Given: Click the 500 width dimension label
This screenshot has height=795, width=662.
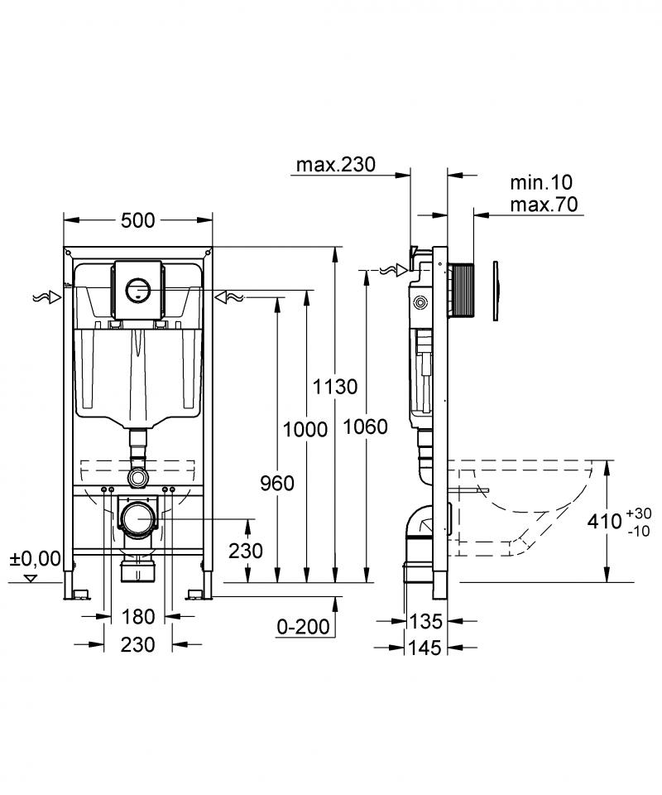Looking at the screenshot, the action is tap(137, 220).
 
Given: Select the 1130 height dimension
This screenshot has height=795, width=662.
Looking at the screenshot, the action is tap(335, 387).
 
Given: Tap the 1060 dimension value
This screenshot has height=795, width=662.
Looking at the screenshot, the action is tap(365, 427).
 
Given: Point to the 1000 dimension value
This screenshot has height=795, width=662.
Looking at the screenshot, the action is tap(305, 430).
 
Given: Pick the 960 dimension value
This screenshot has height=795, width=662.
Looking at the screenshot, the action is tap(277, 484).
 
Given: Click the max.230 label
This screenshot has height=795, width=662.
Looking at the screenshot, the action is tap(336, 164).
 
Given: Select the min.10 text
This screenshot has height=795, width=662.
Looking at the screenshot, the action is tap(541, 182).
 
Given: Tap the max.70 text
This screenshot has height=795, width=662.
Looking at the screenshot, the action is tap(544, 205).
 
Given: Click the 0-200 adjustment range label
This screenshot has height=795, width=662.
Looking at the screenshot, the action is tap(303, 627).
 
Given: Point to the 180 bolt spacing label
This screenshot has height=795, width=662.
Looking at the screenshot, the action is tap(137, 617).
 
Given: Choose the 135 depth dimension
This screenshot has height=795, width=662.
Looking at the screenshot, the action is tap(425, 621).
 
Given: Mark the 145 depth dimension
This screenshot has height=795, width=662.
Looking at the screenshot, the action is tap(425, 648).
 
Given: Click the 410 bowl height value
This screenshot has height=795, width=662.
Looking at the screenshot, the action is tap(604, 521).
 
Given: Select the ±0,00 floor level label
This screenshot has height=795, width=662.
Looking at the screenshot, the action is tap(35, 559).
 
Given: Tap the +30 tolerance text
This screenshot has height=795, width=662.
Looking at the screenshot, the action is tap(638, 513).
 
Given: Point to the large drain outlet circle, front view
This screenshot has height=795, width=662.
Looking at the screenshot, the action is tap(137, 519).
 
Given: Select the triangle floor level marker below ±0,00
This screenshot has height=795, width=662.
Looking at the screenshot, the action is tap(31, 577).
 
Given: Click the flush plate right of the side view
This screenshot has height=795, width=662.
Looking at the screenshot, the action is tap(496, 291).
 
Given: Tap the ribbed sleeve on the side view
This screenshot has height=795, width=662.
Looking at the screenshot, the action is tap(461, 290).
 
